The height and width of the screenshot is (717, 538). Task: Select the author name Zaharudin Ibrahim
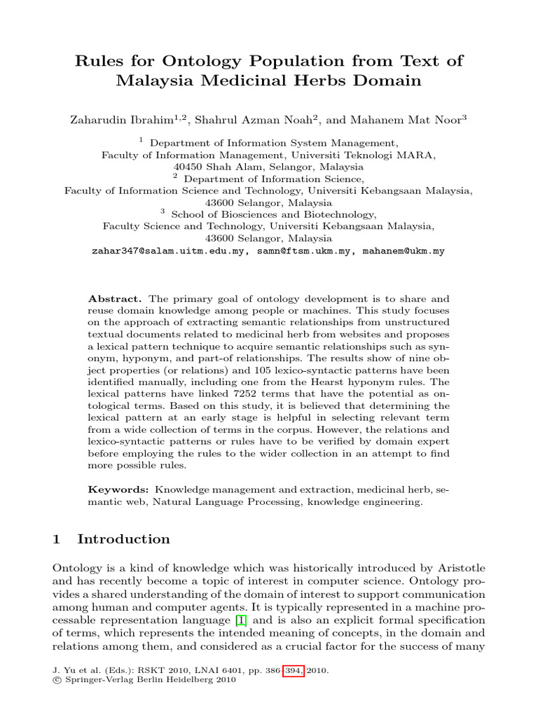pyautogui.click(x=130, y=120)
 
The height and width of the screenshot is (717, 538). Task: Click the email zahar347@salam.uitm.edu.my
pyautogui.click(x=168, y=251)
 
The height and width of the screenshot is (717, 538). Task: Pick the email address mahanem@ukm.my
pyautogui.click(x=403, y=251)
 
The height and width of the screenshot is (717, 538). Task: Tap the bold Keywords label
pyautogui.click(x=118, y=489)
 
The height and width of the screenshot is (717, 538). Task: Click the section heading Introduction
pyautogui.click(x=123, y=539)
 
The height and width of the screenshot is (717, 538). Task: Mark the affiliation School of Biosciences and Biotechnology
pyautogui.click(x=273, y=214)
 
